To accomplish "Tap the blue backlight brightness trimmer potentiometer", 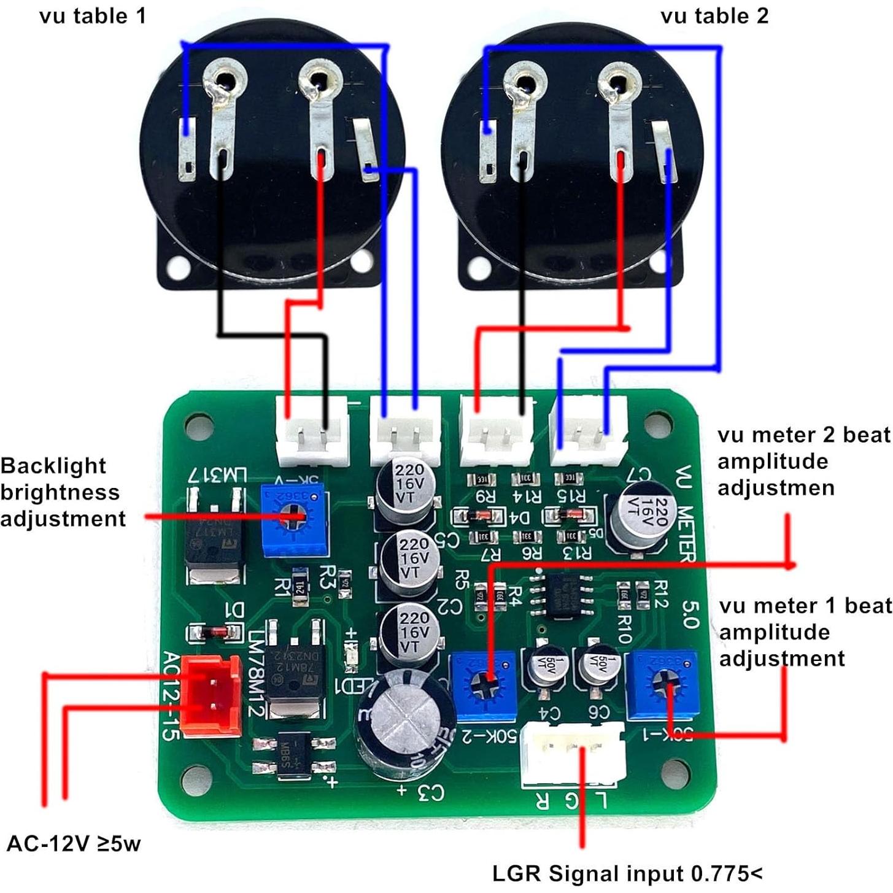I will click(293, 519).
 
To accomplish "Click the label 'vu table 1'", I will click(93, 16).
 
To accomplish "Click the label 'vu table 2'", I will click(714, 16).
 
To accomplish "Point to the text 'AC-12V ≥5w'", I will click(74, 843).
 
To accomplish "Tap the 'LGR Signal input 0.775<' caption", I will click(627, 873).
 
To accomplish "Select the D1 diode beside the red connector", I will click(214, 632).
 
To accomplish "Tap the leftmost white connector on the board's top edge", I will click(312, 430).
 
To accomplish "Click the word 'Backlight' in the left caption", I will click(53, 465).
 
